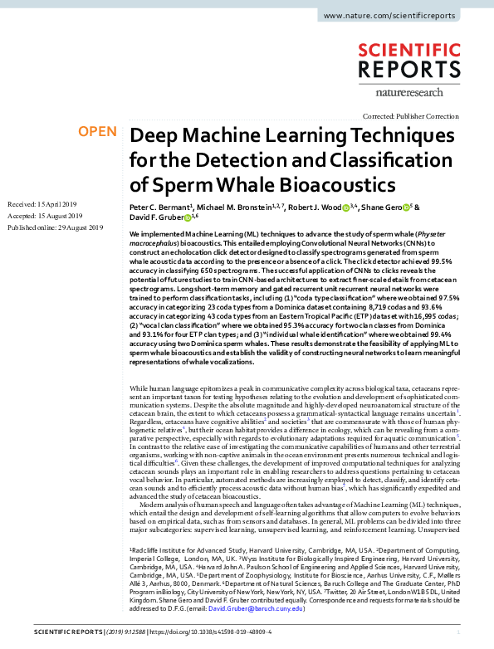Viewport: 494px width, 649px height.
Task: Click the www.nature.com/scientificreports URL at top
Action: (401, 16)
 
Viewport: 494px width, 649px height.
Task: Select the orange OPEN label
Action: (97, 131)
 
